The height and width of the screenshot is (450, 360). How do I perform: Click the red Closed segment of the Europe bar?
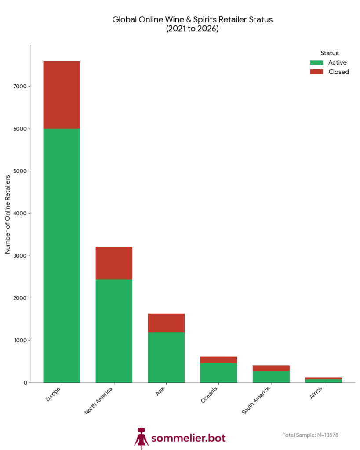point(62,94)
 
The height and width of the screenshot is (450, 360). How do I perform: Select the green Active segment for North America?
point(114,330)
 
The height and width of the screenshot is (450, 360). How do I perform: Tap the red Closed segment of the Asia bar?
point(166,323)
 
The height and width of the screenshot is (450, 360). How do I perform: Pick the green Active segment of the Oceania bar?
point(218,373)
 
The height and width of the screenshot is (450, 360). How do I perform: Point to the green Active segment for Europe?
point(62,255)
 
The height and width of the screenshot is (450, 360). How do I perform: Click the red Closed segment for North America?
point(114,263)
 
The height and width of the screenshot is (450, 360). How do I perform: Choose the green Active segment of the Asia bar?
point(166,357)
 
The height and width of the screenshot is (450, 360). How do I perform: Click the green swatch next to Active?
point(316,62)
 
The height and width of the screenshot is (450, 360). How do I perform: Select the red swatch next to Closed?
point(316,72)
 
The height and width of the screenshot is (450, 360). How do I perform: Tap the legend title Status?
point(329,53)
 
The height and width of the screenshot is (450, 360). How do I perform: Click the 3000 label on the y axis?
point(22,256)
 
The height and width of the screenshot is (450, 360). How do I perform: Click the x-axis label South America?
point(257,400)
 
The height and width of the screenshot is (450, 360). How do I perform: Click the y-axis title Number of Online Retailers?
point(8,214)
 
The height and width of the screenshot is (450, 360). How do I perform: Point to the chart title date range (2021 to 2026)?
point(192,29)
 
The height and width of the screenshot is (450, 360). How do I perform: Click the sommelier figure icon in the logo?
point(141,438)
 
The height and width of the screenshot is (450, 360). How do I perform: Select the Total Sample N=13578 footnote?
point(310,435)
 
